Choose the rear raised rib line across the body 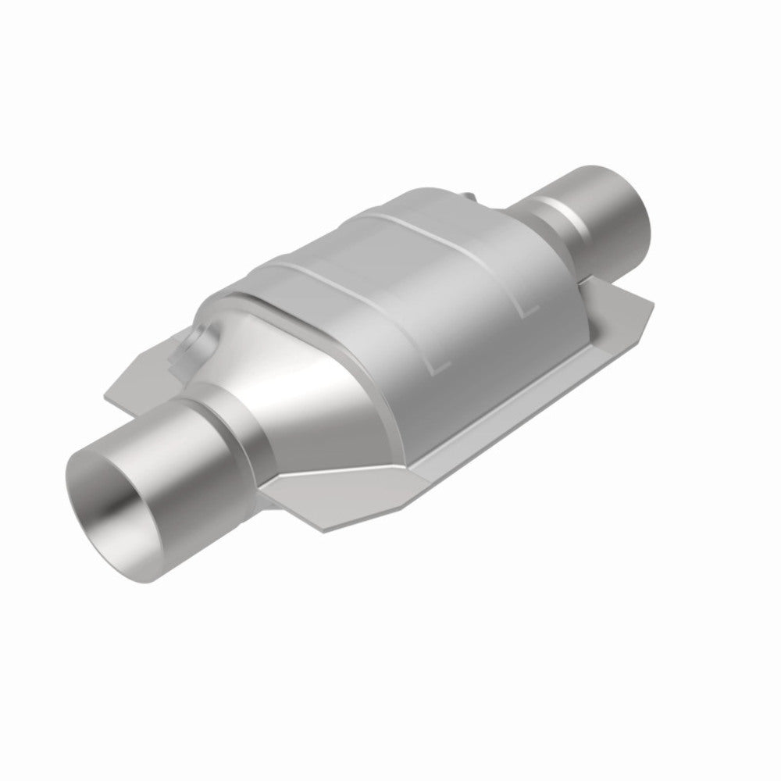pos(461,234)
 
